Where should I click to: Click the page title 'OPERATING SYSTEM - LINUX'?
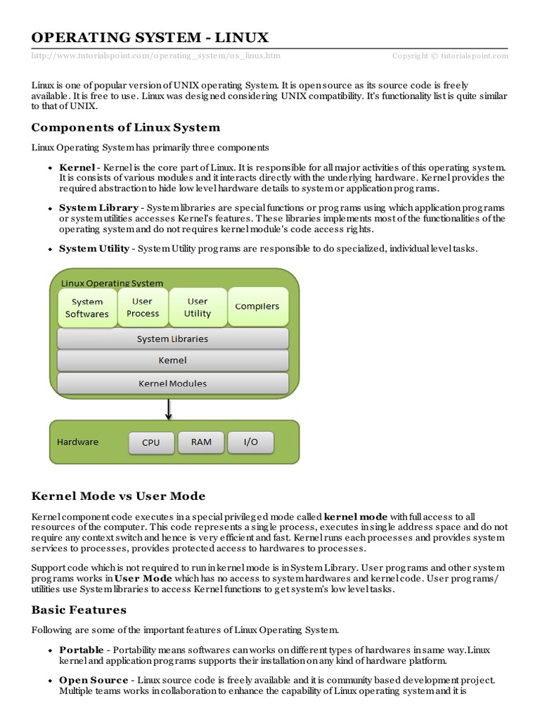[x=150, y=37]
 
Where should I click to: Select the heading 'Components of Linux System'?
[x=126, y=127]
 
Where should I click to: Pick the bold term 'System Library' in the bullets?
[x=98, y=209]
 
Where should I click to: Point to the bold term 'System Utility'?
[x=94, y=248]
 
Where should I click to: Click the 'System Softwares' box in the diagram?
[x=87, y=308]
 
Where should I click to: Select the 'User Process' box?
[x=143, y=307]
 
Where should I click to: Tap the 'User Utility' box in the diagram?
[x=198, y=307]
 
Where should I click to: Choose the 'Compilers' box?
[x=257, y=307]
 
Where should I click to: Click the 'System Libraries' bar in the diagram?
[x=172, y=339]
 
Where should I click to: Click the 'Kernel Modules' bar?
[x=172, y=383]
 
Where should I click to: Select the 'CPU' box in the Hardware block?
[x=150, y=442]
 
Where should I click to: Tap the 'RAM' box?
[x=201, y=442]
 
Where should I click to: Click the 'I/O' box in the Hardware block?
[x=250, y=442]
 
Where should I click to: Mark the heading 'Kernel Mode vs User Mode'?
[x=119, y=496]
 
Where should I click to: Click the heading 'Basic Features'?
[x=79, y=610]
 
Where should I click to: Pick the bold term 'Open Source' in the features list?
[x=94, y=680]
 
